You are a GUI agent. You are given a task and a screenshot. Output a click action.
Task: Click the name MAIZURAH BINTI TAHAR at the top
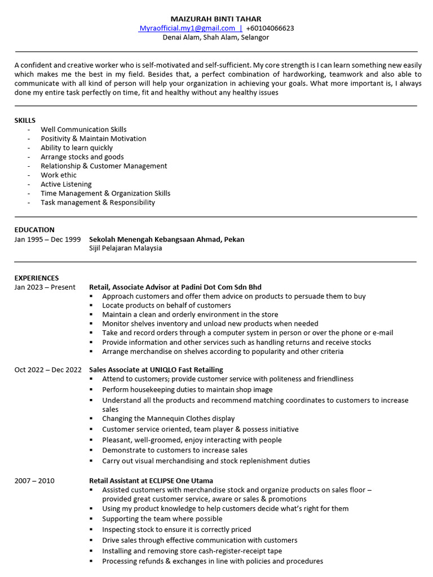pyautogui.click(x=216, y=19)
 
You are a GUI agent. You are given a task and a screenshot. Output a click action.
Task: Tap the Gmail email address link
pyautogui.click(x=187, y=28)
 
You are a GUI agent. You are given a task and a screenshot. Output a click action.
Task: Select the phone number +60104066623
pyautogui.click(x=269, y=28)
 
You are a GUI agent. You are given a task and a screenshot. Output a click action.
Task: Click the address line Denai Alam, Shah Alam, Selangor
pyautogui.click(x=216, y=37)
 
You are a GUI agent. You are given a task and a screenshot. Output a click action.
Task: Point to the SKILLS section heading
pyautogui.click(x=25, y=120)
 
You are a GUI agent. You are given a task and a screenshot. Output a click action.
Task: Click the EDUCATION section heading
pyautogui.click(x=34, y=230)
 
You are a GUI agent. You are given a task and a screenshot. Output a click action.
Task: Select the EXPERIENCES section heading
pyautogui.click(x=37, y=278)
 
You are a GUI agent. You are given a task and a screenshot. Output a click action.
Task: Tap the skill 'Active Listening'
pyautogui.click(x=66, y=184)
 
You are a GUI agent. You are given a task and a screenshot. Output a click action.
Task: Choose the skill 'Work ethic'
pyautogui.click(x=59, y=175)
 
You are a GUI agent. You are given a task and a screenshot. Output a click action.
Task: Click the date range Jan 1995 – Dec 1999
pyautogui.click(x=47, y=239)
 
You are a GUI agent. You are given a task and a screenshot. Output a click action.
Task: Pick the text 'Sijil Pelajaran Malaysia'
pyautogui.click(x=126, y=248)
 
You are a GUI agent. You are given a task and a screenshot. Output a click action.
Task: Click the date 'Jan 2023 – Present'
pyautogui.click(x=45, y=287)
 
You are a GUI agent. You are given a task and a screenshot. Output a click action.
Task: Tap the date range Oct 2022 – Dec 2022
pyautogui.click(x=48, y=370)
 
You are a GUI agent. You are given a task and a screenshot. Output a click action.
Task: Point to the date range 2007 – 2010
pyautogui.click(x=34, y=481)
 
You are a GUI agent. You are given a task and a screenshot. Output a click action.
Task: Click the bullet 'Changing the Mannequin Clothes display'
pyautogui.click(x=168, y=419)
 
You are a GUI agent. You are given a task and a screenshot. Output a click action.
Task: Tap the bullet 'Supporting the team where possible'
pyautogui.click(x=162, y=518)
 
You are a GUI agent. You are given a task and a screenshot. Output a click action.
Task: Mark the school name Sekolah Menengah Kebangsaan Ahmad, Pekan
pyautogui.click(x=167, y=239)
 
